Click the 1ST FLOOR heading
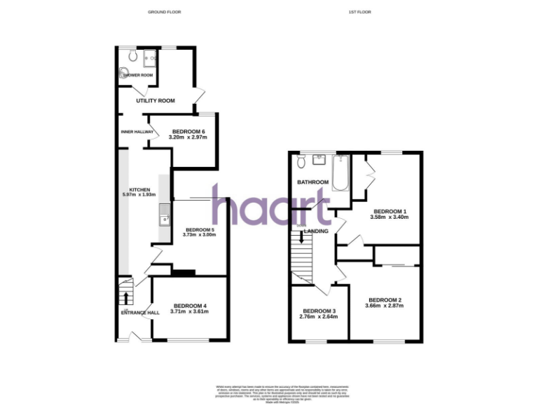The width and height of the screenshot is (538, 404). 359,12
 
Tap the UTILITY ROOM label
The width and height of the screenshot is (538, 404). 156,101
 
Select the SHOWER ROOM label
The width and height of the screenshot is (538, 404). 139,76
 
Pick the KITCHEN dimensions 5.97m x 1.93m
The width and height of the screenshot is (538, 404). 138,194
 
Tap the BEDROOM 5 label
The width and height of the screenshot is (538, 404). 200,229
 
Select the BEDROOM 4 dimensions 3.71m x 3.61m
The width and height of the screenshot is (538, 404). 190,311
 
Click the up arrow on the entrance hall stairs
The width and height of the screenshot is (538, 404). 126,297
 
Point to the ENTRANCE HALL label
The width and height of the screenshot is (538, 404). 140,313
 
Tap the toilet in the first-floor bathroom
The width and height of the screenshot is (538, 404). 301,162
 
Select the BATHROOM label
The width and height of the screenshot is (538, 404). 313,182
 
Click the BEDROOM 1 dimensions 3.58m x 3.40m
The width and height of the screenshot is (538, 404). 389,217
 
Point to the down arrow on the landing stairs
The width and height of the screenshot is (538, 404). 301,238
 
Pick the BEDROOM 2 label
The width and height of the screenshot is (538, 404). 385,300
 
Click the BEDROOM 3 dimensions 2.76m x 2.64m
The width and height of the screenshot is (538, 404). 319,317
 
